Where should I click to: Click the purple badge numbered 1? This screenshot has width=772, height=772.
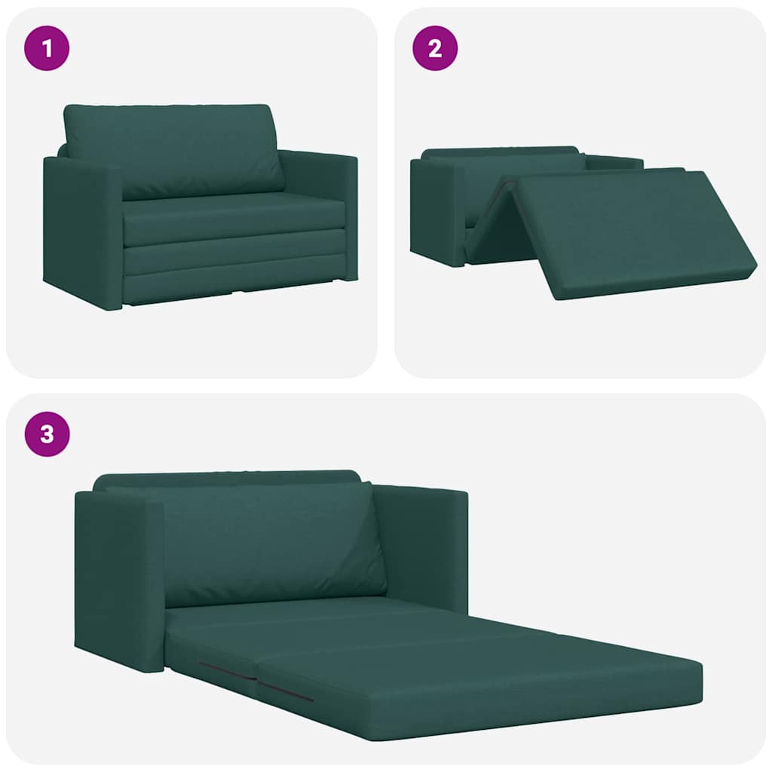coord(47,48)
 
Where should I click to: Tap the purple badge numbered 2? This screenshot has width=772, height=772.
coord(435,48)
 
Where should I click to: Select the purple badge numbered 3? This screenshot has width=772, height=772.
coord(47,434)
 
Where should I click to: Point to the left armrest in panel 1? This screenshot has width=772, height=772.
coord(81,230)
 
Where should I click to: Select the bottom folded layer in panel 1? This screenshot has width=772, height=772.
coord(234,285)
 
